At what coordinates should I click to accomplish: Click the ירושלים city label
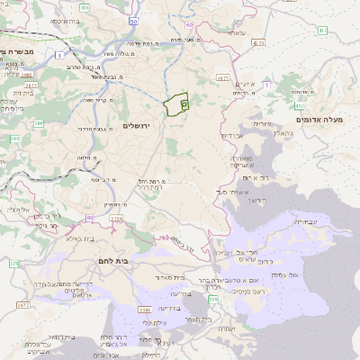139,126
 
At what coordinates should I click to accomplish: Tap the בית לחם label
111,260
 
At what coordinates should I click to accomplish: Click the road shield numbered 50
133,21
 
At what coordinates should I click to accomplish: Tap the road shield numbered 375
14,264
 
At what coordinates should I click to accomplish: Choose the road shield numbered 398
213,297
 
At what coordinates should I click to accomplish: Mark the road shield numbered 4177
259,41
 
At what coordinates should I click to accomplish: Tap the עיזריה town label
262,122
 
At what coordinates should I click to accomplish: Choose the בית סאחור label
168,277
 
